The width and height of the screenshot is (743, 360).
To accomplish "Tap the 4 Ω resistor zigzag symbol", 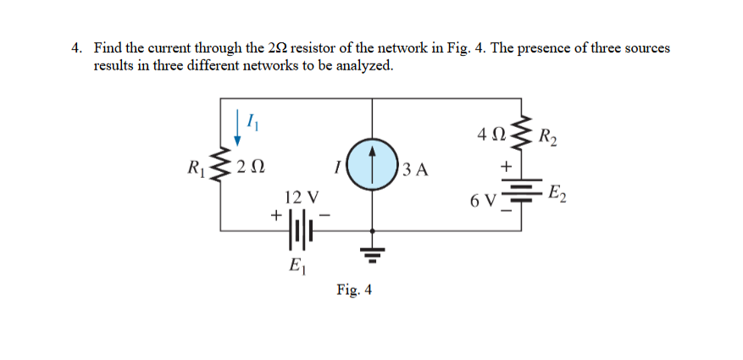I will click(519, 134).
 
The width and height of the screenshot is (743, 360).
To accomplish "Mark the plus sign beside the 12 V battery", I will click(275, 217).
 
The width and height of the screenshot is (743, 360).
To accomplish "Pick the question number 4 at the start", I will click(76, 48).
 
